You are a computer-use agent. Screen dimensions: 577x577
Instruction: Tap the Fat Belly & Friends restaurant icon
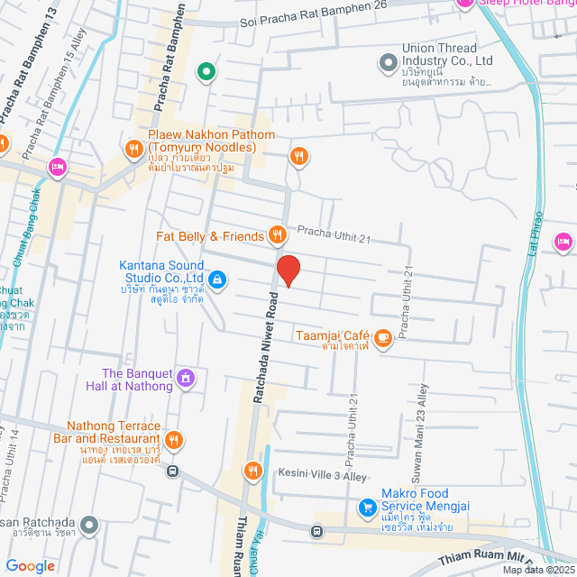tap(278, 236)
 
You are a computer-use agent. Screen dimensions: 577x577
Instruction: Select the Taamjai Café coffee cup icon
tap(383, 338)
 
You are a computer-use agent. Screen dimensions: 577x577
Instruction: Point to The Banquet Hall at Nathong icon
tap(187, 377)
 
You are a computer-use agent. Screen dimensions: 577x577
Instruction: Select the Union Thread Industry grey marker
tap(388, 62)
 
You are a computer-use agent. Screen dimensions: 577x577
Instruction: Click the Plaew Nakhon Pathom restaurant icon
tap(133, 148)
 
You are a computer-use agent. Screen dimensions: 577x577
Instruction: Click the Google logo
tap(31, 565)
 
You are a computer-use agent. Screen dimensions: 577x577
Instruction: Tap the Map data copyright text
tap(537, 570)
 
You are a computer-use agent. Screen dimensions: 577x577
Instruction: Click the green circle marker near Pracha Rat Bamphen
tap(206, 71)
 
